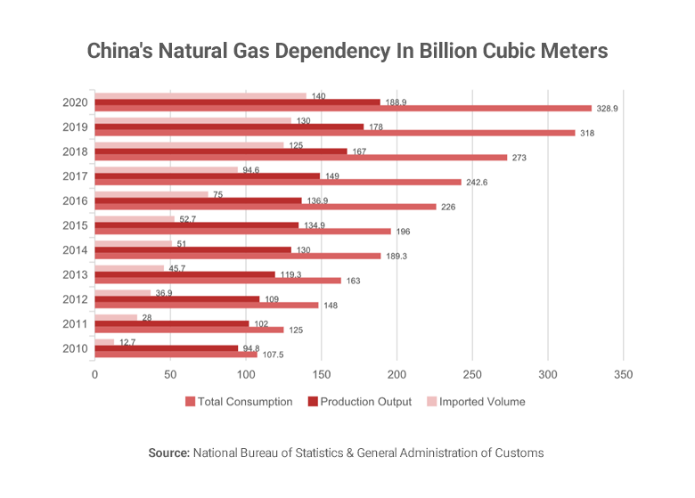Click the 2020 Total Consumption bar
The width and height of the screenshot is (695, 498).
343,108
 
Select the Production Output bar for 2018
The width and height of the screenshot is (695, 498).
221,151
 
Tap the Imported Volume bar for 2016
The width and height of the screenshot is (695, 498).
151,194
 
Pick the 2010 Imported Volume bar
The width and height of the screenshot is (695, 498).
104,342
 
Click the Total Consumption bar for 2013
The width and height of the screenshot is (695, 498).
217,281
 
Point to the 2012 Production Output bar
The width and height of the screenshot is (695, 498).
176,298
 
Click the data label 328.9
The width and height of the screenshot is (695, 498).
609,108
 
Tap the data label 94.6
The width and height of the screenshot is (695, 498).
253,168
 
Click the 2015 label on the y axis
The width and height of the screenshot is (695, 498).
74,225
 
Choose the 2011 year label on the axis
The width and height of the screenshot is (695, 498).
74,323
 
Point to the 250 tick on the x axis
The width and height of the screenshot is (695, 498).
472,375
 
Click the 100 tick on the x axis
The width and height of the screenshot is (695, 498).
246,375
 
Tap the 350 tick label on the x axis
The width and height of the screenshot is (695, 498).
623,375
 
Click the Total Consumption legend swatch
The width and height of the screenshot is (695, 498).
190,402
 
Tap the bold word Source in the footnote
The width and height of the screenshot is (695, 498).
168,453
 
